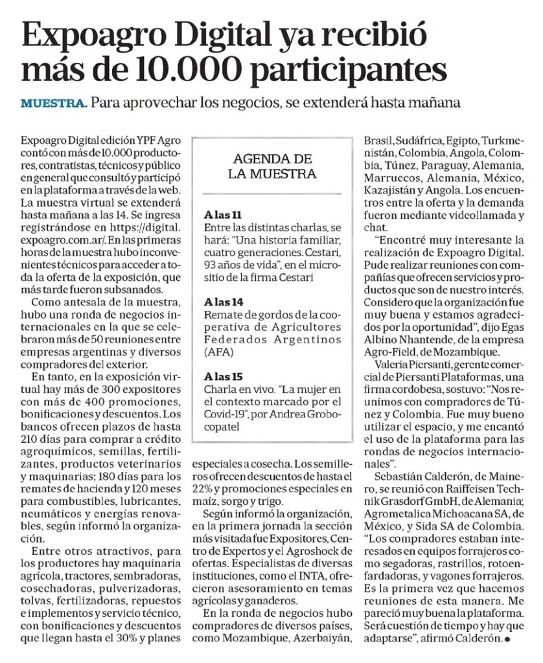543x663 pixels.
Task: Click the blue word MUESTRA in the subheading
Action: (x=53, y=104)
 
